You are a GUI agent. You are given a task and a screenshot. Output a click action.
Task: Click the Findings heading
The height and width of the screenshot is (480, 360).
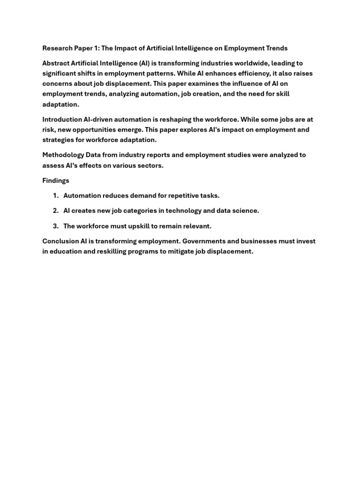(x=56, y=180)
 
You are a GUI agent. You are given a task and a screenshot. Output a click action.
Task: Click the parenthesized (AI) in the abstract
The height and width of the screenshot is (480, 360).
(x=141, y=63)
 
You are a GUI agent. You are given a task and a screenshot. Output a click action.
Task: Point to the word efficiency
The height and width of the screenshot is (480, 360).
(x=250, y=73)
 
